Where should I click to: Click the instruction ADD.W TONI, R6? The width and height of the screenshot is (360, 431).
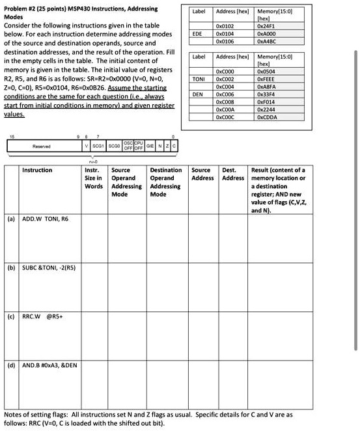(46, 220)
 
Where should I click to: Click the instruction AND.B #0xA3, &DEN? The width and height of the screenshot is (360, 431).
(50, 365)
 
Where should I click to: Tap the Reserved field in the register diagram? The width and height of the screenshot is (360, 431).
(32, 147)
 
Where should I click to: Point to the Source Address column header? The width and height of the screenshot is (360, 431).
(202, 174)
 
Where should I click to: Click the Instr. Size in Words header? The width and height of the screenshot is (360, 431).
(94, 178)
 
